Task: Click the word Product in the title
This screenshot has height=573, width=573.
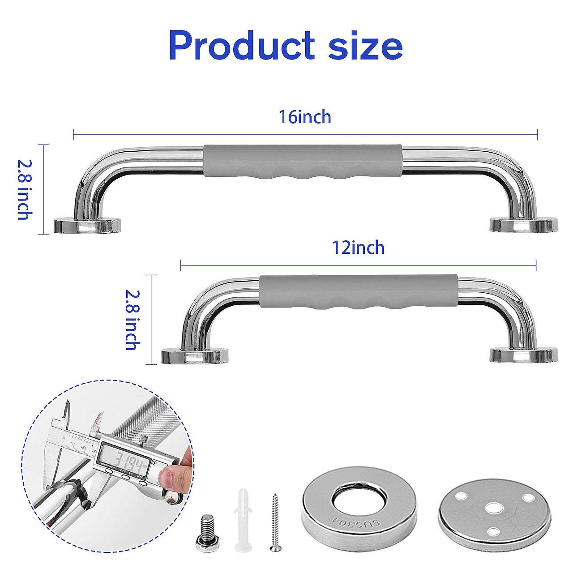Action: click(241, 46)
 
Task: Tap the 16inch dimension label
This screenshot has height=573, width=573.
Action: click(305, 117)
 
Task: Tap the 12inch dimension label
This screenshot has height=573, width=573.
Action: click(358, 248)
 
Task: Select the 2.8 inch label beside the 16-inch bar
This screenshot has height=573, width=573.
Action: click(24, 190)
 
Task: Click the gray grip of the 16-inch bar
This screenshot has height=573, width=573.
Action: click(303, 162)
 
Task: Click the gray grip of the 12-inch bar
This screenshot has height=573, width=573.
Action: click(358, 292)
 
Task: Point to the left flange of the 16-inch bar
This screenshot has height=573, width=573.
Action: click(87, 225)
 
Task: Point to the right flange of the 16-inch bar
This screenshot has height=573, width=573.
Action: click(523, 225)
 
